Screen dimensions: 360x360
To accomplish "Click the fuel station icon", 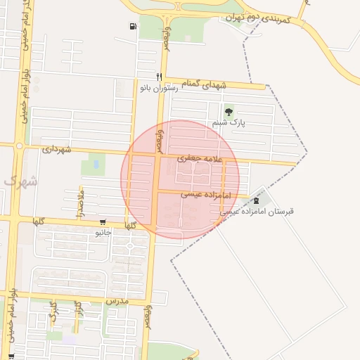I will (x=133, y=27).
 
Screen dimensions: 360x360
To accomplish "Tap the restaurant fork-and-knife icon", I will (x=160, y=77).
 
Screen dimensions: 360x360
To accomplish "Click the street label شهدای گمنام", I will (x=205, y=84).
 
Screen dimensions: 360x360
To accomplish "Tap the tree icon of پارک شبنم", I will (x=228, y=112).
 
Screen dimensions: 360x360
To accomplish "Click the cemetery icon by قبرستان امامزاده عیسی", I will (x=265, y=200).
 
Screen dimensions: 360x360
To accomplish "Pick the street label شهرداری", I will (x=56, y=149).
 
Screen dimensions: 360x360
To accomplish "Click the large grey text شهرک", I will (x=21, y=181).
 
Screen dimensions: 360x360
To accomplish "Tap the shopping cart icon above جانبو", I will (x=103, y=221).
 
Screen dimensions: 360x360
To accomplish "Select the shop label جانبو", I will (x=103, y=231).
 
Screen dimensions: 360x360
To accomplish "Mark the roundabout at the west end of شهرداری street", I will (x=19, y=146).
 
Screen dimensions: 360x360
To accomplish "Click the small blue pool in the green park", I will (x=96, y=164).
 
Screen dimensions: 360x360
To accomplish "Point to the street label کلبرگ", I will (x=53, y=314).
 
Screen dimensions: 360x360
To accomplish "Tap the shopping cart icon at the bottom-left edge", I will (x=11, y=356).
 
